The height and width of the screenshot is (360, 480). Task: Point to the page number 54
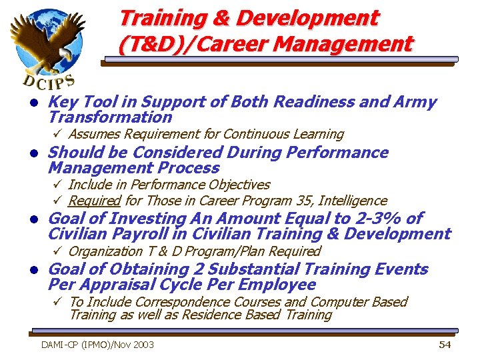click(445, 344)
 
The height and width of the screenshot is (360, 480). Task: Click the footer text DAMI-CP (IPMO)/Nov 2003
click(97, 345)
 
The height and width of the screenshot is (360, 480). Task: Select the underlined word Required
click(94, 201)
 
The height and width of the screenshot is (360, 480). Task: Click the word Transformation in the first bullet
click(110, 117)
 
